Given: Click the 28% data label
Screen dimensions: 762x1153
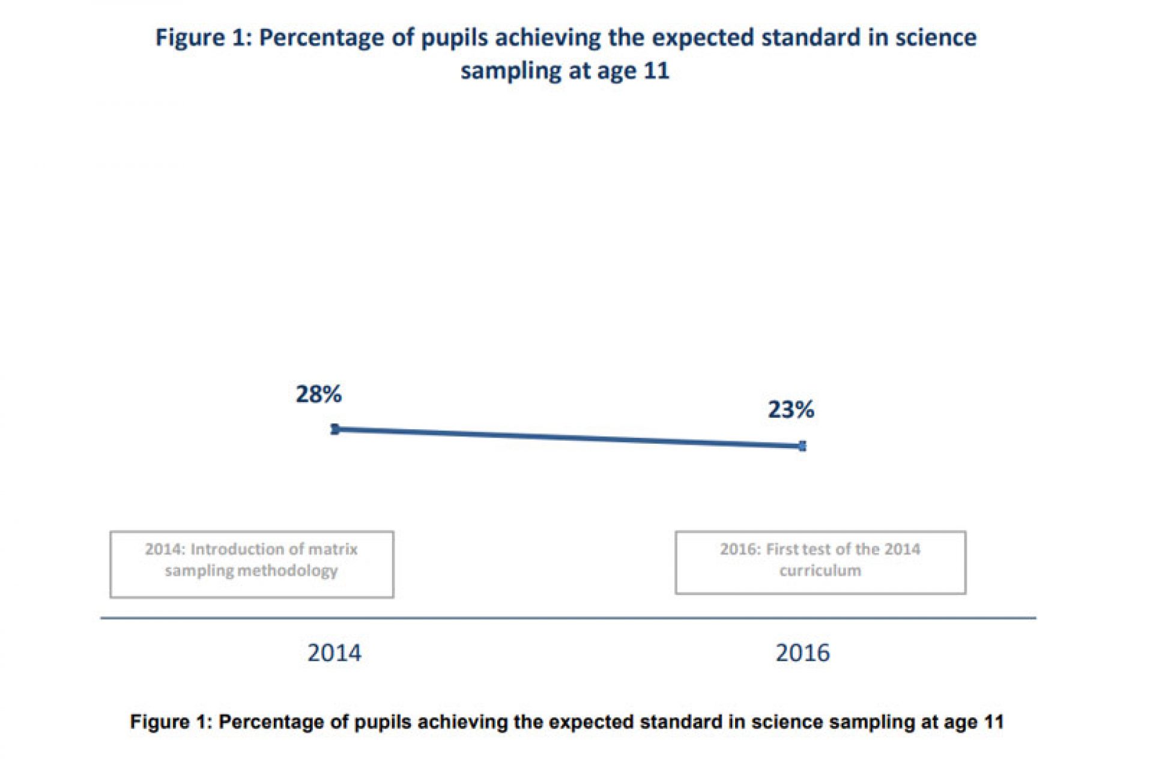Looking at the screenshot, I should [318, 395].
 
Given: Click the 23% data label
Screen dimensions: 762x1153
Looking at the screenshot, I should [791, 410].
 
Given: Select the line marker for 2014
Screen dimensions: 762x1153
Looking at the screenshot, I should [335, 429].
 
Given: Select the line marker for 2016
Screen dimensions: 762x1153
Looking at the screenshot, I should [803, 446].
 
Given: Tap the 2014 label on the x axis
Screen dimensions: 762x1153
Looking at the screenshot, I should [334, 653].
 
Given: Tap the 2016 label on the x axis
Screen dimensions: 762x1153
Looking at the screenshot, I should [802, 653].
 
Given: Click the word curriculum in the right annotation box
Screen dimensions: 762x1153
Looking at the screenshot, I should [820, 570].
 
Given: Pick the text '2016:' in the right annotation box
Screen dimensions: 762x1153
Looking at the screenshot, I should [740, 549].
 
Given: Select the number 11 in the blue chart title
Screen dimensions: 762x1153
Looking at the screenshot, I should [656, 71].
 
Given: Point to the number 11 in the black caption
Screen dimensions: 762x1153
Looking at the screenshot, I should [993, 721].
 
